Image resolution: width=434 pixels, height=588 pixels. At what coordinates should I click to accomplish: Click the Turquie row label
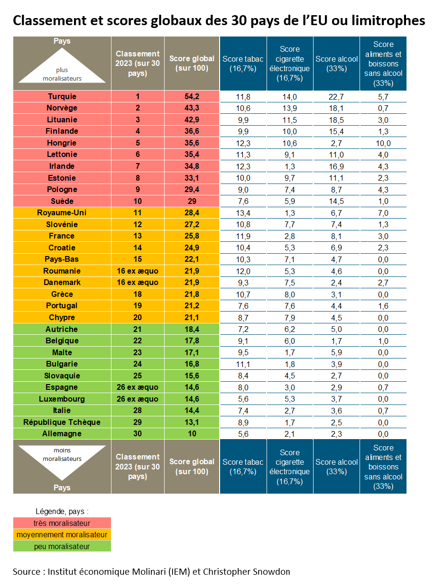coord(62,96)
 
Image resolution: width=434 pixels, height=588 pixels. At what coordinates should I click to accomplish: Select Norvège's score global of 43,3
coord(192,108)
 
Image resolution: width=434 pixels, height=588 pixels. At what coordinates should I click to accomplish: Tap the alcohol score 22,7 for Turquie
coord(336,97)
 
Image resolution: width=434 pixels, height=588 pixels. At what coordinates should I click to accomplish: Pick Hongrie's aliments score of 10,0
coord(383,143)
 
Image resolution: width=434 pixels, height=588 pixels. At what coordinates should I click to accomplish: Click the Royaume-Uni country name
coord(62,212)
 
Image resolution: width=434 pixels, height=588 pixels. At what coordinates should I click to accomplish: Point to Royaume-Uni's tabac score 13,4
coord(243,213)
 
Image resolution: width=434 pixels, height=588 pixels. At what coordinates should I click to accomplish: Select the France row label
coord(62,236)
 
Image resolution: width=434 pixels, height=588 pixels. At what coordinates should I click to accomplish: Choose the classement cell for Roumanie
coord(138,271)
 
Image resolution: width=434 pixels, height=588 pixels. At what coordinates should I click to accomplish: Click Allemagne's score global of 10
coord(192,433)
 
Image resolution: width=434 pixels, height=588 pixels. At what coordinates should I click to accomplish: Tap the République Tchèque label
coord(62,422)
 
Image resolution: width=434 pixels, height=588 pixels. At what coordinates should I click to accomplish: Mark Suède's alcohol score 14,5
coord(336,201)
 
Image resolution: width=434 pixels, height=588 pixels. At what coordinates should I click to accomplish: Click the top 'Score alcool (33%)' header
coord(336,64)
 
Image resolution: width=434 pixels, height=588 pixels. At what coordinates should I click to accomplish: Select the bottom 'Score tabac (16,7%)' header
coord(243,467)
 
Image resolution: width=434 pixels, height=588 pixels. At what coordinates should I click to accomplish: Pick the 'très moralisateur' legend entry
coord(62,523)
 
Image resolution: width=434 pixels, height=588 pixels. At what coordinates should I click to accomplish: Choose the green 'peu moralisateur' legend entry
coord(62,546)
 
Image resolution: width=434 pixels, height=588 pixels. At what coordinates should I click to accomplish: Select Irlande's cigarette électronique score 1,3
coord(289,166)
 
